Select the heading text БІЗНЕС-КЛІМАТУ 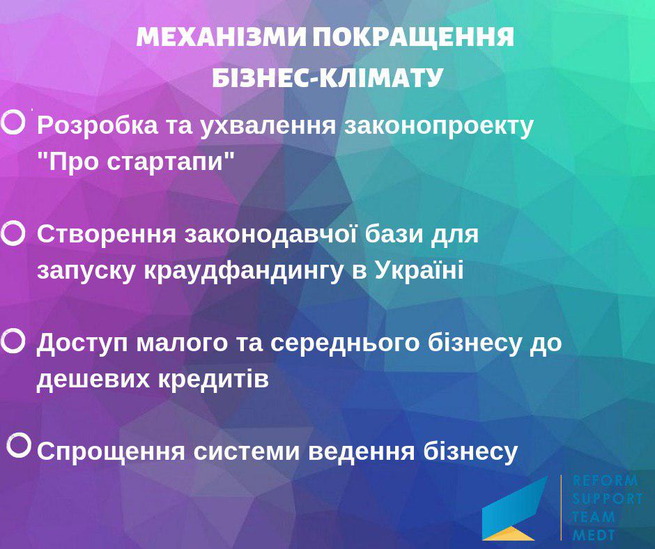(x=327, y=77)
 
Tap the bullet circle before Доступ (x=13, y=341)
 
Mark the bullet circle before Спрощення (x=19, y=445)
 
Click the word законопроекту (x=438, y=126)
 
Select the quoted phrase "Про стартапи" (x=136, y=162)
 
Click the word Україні (x=419, y=269)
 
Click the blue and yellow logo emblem (x=514, y=508)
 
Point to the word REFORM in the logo (x=605, y=481)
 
